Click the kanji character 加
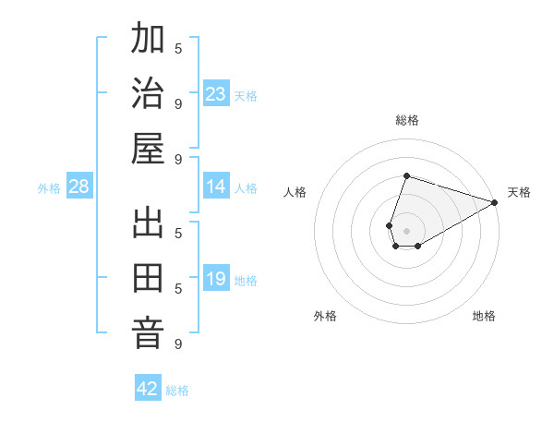click(x=148, y=41)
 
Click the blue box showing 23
click(x=216, y=94)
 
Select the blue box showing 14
click(x=216, y=187)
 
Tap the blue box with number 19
click(x=216, y=280)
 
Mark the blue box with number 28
click(x=79, y=187)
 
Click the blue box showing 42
click(x=148, y=389)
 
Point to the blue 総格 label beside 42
click(x=177, y=391)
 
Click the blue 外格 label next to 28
click(x=49, y=188)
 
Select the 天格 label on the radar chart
click(x=519, y=192)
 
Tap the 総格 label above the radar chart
click(x=406, y=120)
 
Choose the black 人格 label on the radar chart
click(x=295, y=192)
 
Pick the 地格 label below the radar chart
click(x=484, y=317)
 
